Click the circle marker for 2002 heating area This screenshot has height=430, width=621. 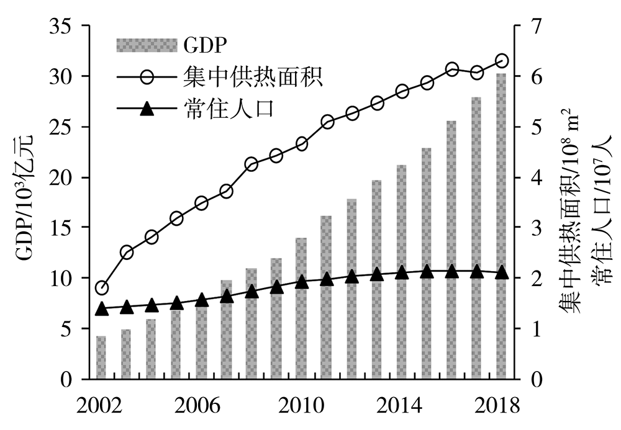[101, 288]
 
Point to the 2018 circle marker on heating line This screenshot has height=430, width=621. [502, 61]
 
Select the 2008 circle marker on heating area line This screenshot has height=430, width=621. [252, 164]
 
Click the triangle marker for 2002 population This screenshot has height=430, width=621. [101, 308]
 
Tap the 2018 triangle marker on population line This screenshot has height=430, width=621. [502, 272]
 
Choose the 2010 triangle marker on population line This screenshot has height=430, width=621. [301, 282]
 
